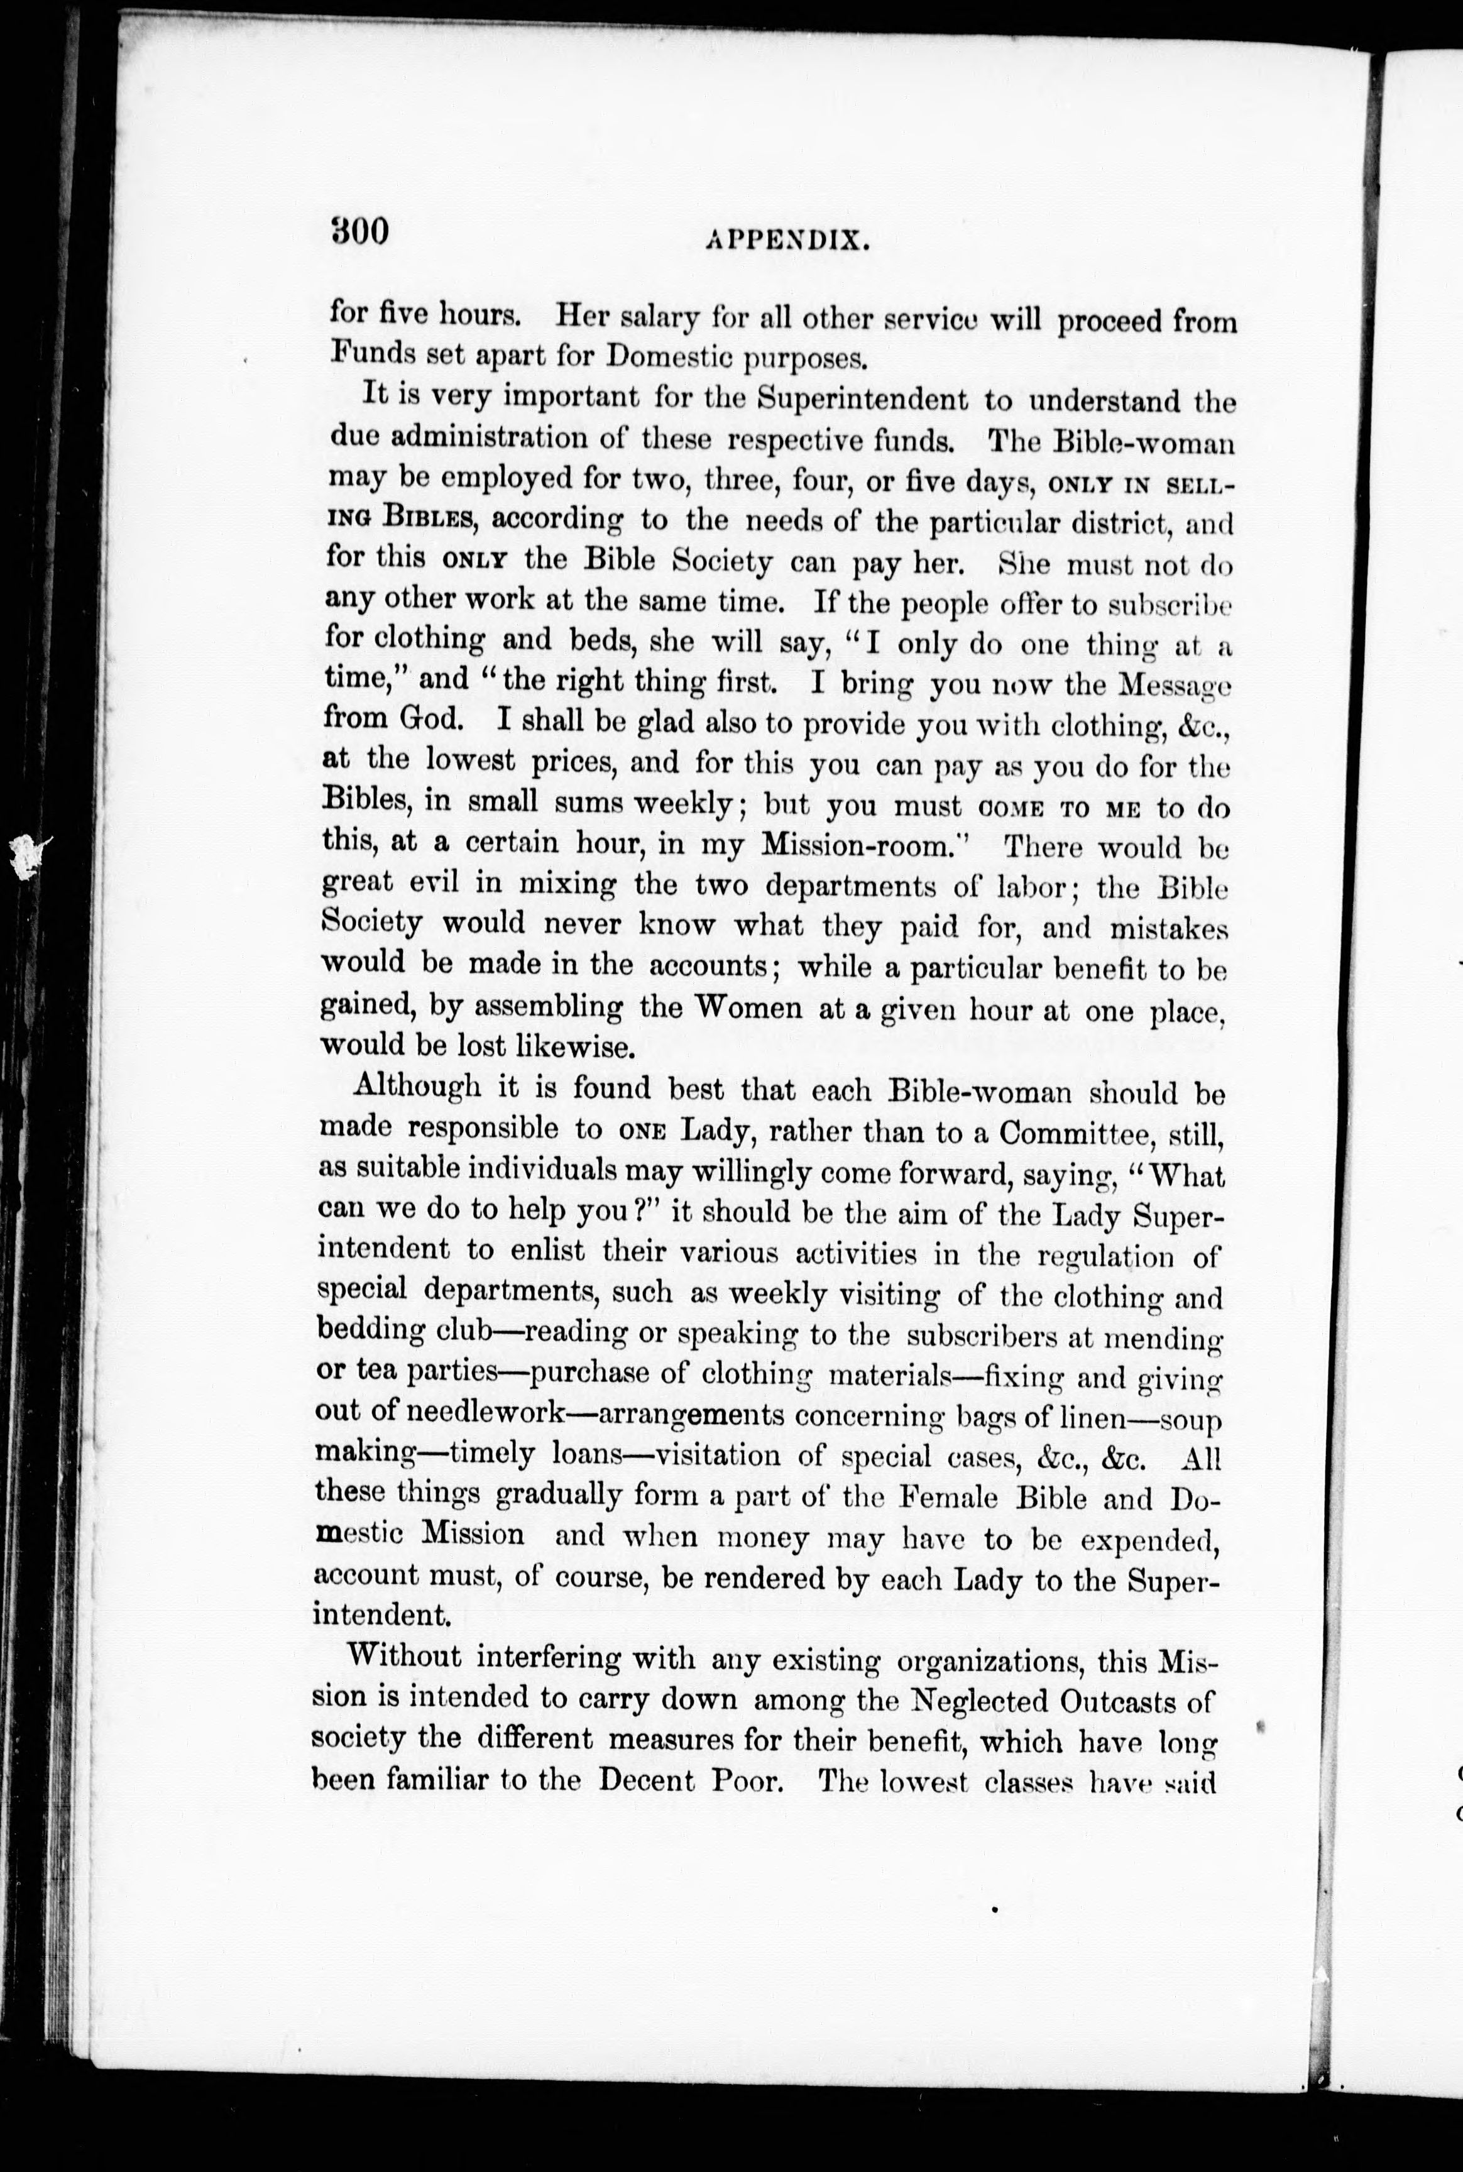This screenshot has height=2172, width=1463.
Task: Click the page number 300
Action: pyautogui.click(x=358, y=229)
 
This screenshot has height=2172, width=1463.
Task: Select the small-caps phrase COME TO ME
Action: pyautogui.click(x=1060, y=808)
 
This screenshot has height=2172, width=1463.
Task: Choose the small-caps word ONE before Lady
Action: pyautogui.click(x=641, y=1131)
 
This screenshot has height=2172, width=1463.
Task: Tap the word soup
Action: pyautogui.click(x=1190, y=1422)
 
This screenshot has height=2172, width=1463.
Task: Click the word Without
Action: pyautogui.click(x=403, y=1657)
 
